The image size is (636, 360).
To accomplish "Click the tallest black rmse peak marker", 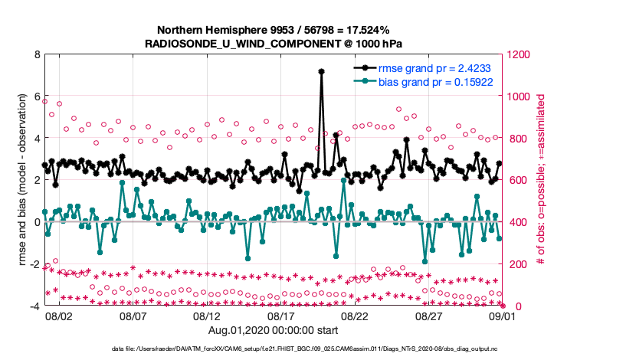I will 321,71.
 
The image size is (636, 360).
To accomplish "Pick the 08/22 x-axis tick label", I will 355,316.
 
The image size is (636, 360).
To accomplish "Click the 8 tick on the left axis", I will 35,55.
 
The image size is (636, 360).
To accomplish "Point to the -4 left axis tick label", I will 34,306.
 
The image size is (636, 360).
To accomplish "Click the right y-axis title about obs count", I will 541,181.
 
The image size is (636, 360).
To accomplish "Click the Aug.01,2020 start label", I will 274,330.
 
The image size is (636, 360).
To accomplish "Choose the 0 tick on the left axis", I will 35,222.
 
